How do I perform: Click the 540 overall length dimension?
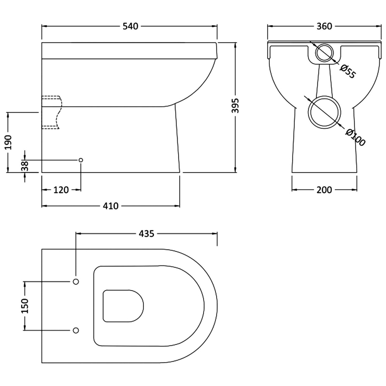(x=131, y=26)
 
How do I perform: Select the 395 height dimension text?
(x=235, y=106)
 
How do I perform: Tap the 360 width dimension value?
(x=324, y=26)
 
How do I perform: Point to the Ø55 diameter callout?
(x=348, y=71)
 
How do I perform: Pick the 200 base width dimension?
(x=324, y=190)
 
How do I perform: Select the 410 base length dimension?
(x=111, y=206)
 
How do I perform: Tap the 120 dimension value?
(x=61, y=190)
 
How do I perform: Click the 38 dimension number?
(x=25, y=166)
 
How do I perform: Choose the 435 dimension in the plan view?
(x=146, y=234)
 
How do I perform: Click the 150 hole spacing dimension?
(x=25, y=306)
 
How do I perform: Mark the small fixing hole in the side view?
(x=81, y=160)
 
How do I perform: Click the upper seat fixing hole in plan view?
(x=76, y=282)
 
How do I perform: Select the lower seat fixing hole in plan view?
(x=76, y=330)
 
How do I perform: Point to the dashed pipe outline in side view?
(x=51, y=112)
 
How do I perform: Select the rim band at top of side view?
(x=129, y=51)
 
